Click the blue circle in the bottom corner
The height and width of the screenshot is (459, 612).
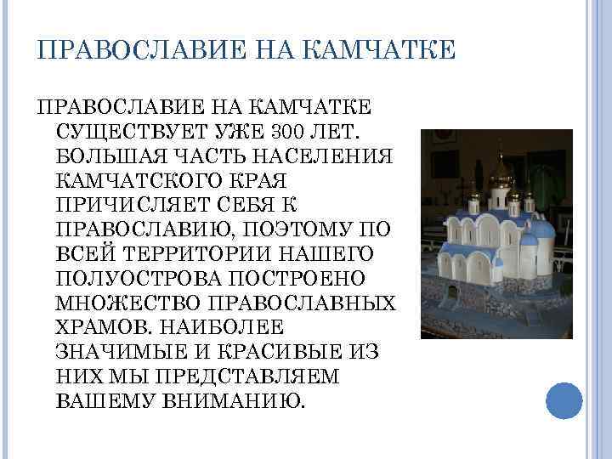coord(564,400)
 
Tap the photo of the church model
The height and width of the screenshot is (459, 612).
coord(496,234)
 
